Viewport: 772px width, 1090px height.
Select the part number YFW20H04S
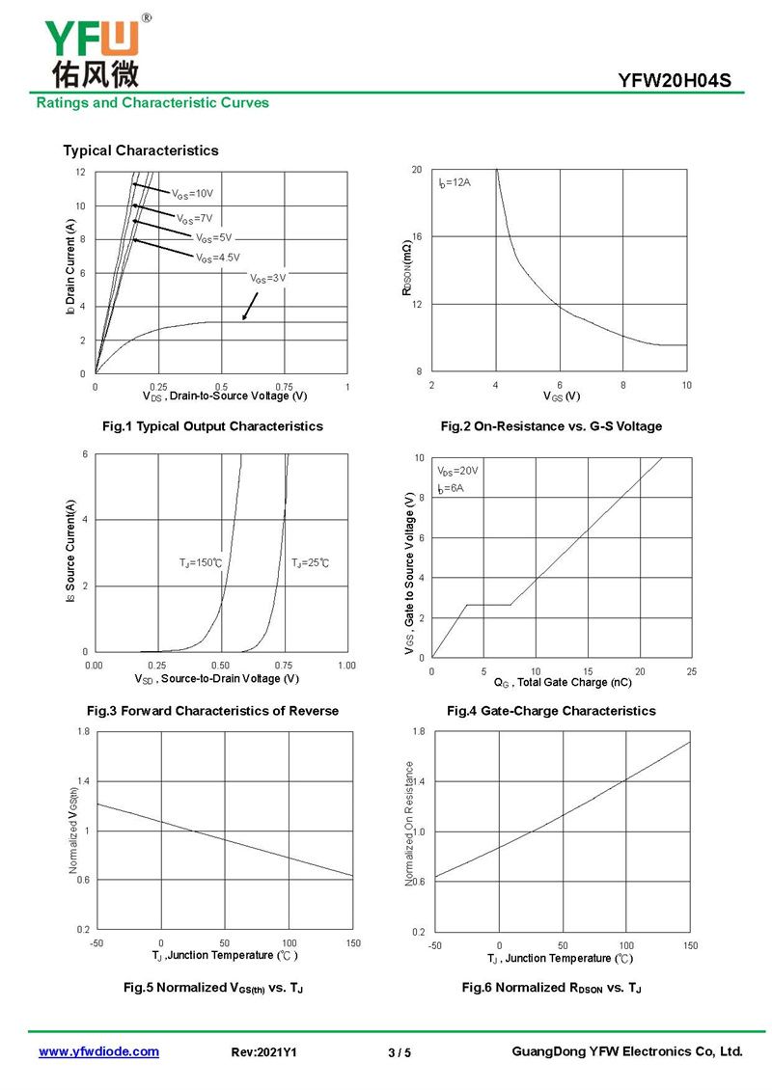[x=675, y=81]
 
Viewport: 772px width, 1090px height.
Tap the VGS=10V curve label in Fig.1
[x=193, y=194]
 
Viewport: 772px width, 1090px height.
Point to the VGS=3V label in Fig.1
[x=268, y=278]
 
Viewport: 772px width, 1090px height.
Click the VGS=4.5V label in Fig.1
[x=218, y=258]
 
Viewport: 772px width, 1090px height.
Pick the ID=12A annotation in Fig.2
[x=455, y=182]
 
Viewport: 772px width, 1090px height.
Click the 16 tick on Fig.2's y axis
[x=417, y=236]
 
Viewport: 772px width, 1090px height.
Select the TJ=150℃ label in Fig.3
[x=201, y=562]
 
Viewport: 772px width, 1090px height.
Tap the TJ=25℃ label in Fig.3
[x=310, y=562]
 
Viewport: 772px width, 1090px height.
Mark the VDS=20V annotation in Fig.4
[x=457, y=471]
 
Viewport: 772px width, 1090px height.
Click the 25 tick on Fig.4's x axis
[x=691, y=671]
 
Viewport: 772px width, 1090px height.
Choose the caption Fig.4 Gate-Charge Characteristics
[x=551, y=711]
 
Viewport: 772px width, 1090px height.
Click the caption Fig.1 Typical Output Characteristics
[x=212, y=426]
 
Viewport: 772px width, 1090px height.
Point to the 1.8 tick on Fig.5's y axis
[x=83, y=731]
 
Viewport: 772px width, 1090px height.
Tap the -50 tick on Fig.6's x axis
[x=434, y=945]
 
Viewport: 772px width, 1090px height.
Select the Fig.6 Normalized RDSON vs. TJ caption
[x=552, y=988]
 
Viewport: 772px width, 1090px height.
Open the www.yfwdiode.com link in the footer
[x=98, y=1051]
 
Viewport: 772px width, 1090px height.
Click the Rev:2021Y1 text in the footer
[x=263, y=1052]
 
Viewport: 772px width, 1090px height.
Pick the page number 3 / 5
[x=400, y=1052]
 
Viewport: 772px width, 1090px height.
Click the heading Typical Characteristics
[x=141, y=150]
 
